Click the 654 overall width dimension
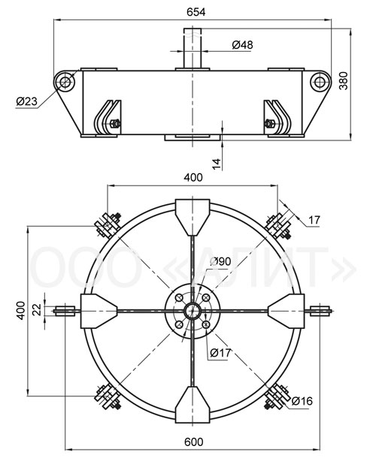[196, 12]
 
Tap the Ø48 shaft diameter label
[242, 45]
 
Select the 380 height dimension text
[344, 81]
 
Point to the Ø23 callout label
[26, 101]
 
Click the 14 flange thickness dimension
[217, 164]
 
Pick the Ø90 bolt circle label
[220, 261]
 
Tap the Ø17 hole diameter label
[220, 352]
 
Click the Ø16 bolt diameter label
[302, 401]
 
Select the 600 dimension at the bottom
[194, 442]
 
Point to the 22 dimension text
[37, 310]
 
